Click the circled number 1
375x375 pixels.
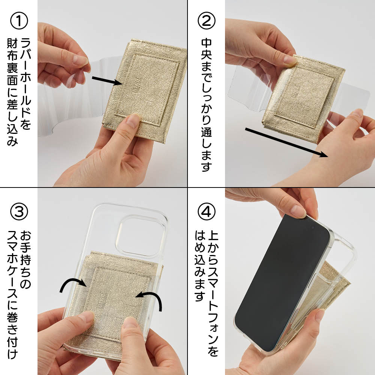click(x=19, y=21)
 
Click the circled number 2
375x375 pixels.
click(x=206, y=21)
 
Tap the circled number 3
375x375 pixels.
click(x=19, y=211)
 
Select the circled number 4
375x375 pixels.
click(x=206, y=211)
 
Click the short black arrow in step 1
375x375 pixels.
click(x=107, y=81)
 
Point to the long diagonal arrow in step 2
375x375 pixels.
click(x=286, y=142)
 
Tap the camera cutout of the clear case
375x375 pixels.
click(x=140, y=235)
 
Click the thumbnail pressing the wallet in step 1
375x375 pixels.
click(x=133, y=120)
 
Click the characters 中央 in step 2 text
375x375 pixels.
click(x=206, y=49)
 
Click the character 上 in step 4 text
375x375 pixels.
click(x=213, y=235)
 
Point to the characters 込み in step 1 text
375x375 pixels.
click(x=12, y=135)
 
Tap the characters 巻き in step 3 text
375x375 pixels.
click(x=12, y=323)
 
